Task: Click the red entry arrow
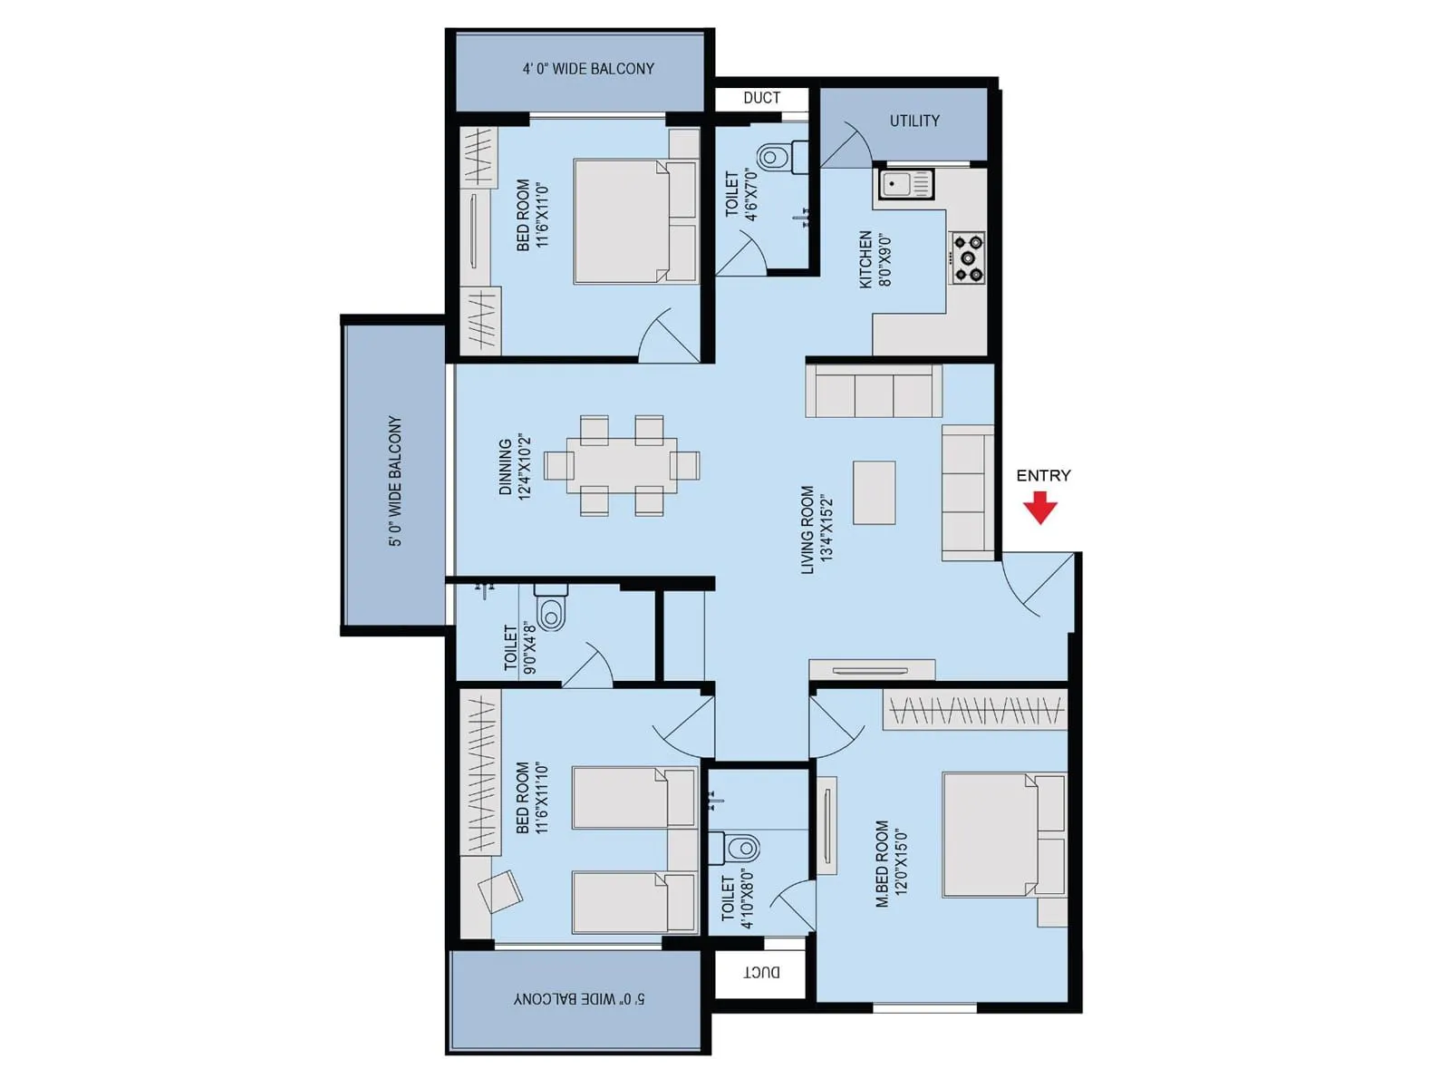(x=1040, y=508)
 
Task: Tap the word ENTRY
(x=1043, y=475)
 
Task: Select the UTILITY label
(x=913, y=121)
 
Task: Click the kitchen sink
(x=904, y=185)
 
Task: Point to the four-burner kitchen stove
(x=967, y=258)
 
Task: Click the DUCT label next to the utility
(x=761, y=98)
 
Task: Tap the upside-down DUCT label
(x=761, y=972)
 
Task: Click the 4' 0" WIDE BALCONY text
(x=588, y=69)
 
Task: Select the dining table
(x=622, y=466)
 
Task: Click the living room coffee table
(x=875, y=492)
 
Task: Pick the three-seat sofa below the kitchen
(x=874, y=391)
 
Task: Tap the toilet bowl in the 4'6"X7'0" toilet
(x=773, y=158)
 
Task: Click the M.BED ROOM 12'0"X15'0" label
(x=891, y=863)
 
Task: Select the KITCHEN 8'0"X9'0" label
(x=875, y=259)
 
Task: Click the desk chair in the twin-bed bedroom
(x=499, y=891)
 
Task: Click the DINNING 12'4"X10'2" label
(x=514, y=467)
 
